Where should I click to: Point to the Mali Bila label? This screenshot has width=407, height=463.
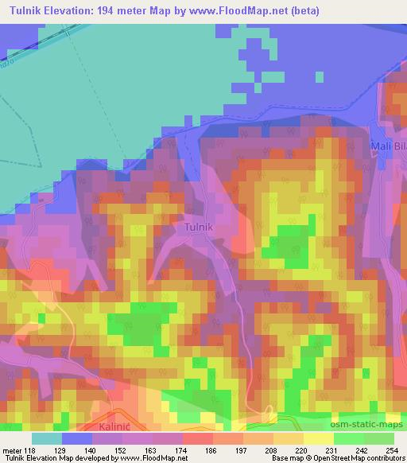(388, 146)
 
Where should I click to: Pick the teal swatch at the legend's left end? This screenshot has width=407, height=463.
(46, 438)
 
